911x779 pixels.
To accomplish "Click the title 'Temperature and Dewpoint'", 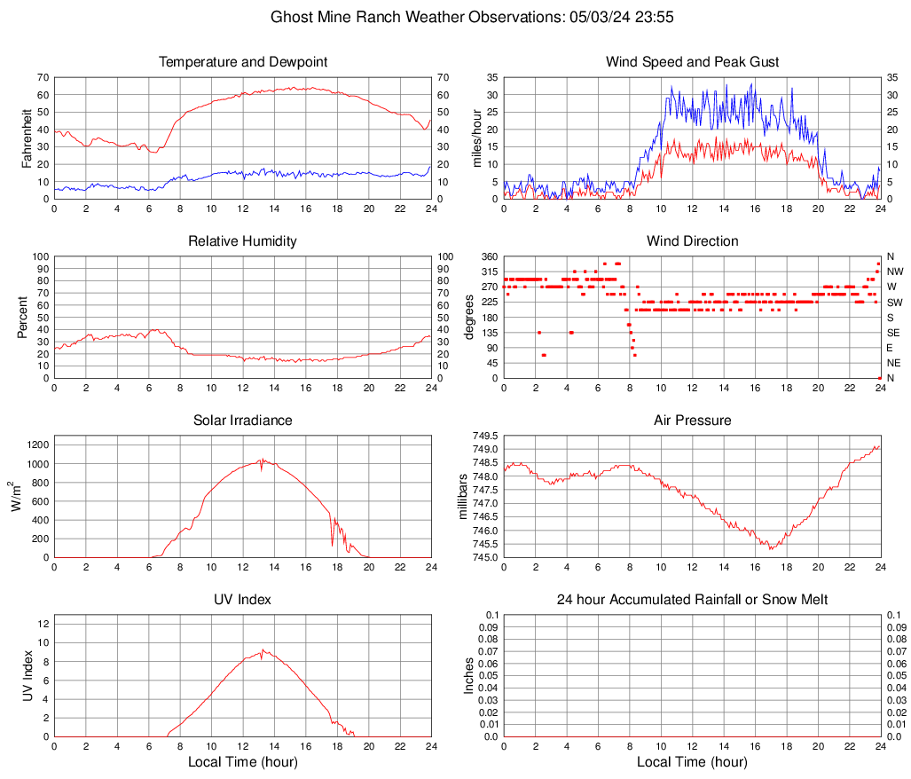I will click(x=242, y=62).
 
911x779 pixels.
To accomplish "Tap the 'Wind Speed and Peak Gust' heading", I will click(x=692, y=62).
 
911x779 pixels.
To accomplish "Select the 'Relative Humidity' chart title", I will click(x=242, y=241).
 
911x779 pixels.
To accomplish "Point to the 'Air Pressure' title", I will click(x=692, y=421).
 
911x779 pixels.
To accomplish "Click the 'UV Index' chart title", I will click(x=242, y=600).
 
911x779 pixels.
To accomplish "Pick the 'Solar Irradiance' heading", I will click(x=242, y=421).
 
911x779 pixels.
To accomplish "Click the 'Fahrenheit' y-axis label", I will click(x=27, y=138).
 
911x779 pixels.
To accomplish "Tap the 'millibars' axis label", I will click(x=462, y=497).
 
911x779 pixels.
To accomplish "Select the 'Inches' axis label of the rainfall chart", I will click(x=469, y=675).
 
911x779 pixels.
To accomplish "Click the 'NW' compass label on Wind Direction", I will click(x=894, y=271).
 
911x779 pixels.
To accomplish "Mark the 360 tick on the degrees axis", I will click(x=487, y=257).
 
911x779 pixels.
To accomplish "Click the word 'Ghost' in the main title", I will click(x=290, y=17).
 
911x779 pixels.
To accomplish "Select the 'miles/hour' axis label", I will click(x=476, y=138).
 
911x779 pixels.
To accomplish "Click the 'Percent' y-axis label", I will click(x=23, y=317).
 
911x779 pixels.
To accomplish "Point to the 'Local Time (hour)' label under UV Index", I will click(x=242, y=762).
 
